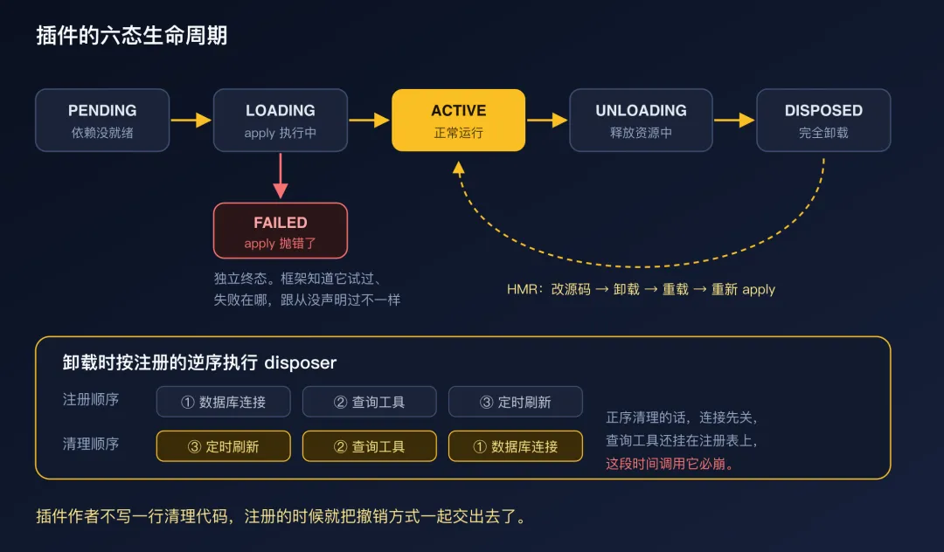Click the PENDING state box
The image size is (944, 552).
click(102, 121)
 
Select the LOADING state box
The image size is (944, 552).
click(281, 121)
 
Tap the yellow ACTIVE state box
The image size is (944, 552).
click(458, 121)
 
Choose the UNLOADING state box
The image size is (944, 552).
click(641, 121)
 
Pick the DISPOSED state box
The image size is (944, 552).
click(823, 121)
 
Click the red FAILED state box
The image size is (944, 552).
click(281, 231)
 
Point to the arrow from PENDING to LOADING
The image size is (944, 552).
click(191, 121)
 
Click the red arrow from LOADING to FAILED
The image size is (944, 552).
click(281, 176)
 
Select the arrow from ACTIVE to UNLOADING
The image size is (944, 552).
click(547, 121)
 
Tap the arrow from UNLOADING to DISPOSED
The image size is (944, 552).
click(734, 121)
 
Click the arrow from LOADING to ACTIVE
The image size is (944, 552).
click(369, 121)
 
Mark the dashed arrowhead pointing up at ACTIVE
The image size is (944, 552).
click(459, 169)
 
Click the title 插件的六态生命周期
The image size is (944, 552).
click(132, 36)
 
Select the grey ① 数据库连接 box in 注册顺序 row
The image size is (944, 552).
click(224, 402)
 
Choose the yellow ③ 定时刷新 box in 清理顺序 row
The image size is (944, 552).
click(224, 446)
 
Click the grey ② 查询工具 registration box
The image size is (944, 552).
click(369, 402)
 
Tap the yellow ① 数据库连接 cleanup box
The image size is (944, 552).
click(516, 446)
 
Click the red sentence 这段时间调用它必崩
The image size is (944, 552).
click(670, 464)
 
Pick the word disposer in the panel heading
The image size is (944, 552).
click(301, 362)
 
